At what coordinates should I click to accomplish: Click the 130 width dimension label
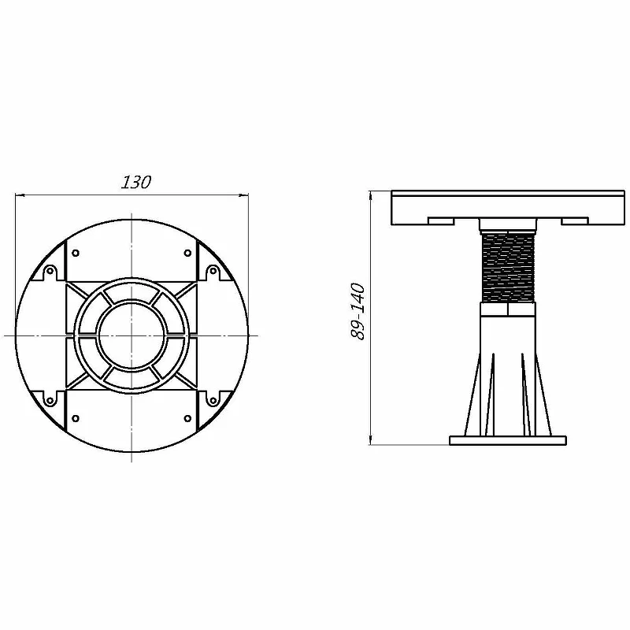pyautogui.click(x=136, y=182)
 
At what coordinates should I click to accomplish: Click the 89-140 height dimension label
pyautogui.click(x=358, y=311)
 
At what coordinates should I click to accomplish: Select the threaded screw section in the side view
pyautogui.click(x=508, y=268)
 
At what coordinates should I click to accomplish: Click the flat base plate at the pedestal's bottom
pyautogui.click(x=508, y=440)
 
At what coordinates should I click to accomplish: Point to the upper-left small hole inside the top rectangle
pyautogui.click(x=75, y=253)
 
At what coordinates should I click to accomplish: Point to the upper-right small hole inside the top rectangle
pyautogui.click(x=187, y=253)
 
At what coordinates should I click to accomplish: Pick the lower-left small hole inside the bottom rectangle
pyautogui.click(x=75, y=418)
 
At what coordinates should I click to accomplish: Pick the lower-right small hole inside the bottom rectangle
pyautogui.click(x=187, y=418)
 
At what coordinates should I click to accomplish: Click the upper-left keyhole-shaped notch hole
pyautogui.click(x=50, y=271)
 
